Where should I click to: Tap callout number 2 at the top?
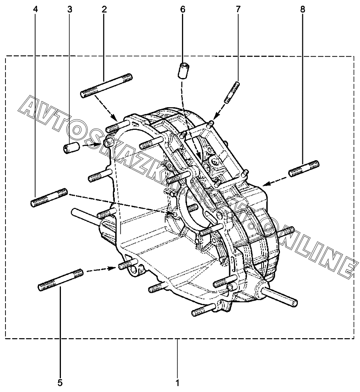(x=104, y=9)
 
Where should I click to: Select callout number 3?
(x=70, y=9)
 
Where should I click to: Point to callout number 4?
(x=36, y=9)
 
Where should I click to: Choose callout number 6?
(x=183, y=9)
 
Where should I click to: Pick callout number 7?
(x=239, y=9)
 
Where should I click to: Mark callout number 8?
(x=303, y=9)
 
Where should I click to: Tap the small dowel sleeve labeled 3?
(x=71, y=148)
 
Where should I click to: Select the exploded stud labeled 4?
(x=49, y=198)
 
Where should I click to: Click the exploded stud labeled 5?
(x=61, y=279)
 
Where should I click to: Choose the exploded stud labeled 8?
(x=304, y=167)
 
